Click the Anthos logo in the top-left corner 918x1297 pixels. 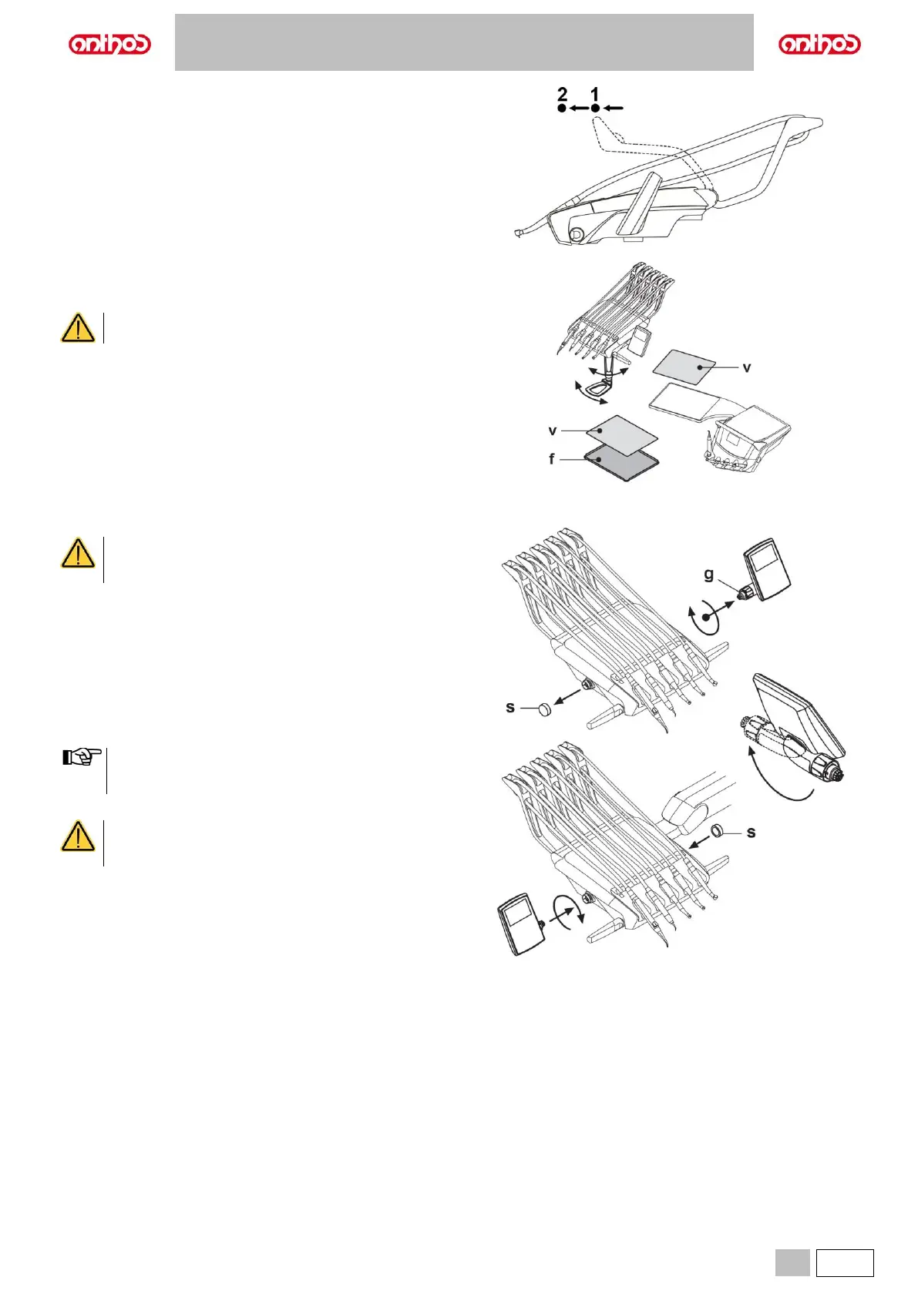pos(109,44)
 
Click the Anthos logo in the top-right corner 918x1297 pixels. pos(819,44)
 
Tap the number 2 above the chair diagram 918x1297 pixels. pos(563,94)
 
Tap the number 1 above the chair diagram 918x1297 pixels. pos(594,94)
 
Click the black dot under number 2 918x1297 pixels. pos(562,109)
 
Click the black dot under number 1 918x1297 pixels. pos(595,109)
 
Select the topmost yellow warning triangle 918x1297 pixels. pos(78,328)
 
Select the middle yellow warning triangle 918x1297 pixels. pos(78,554)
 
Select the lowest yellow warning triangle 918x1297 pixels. pos(78,836)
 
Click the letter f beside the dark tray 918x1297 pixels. pos(552,459)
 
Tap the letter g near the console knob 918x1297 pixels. pos(709,574)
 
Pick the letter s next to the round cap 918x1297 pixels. pos(510,707)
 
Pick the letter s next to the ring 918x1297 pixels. pos(752,833)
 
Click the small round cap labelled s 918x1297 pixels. pos(544,709)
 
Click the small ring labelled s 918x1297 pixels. pos(716,830)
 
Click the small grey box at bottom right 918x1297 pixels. pos(792,1262)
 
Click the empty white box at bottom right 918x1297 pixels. pos(845,1262)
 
